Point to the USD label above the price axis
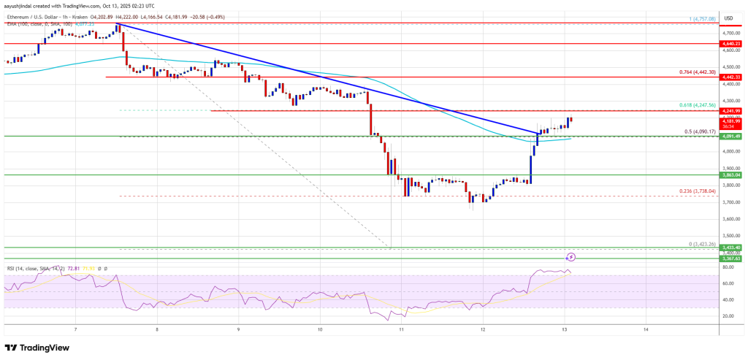pyautogui.click(x=728, y=18)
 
